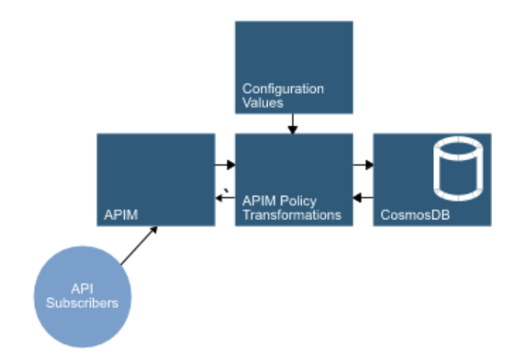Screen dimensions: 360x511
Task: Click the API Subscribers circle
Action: click(82, 296)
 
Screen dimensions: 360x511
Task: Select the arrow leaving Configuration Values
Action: click(293, 124)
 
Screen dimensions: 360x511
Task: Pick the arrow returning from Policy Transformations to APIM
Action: click(224, 198)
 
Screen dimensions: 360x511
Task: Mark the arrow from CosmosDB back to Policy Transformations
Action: click(364, 198)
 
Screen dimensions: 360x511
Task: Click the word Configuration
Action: click(283, 89)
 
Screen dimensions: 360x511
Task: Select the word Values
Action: click(259, 102)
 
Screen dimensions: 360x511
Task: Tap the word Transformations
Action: click(291, 214)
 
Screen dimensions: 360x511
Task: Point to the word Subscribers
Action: click(82, 303)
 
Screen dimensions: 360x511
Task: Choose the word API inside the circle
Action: click(82, 290)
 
